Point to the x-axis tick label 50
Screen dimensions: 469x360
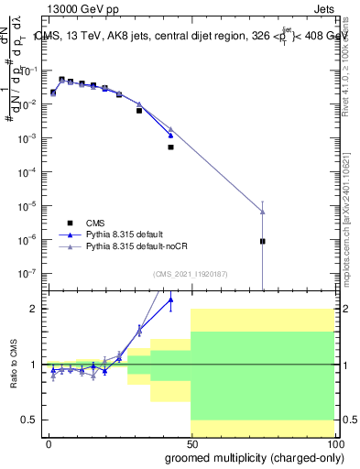pos(191,444)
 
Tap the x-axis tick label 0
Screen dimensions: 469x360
pos(49,444)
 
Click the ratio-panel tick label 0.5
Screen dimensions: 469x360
pos(31,420)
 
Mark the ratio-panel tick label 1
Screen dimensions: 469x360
pos(35,365)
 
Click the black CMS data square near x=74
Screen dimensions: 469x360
pos(263,242)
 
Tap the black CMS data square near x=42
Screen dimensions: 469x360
pos(170,147)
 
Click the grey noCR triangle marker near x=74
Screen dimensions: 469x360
pos(263,213)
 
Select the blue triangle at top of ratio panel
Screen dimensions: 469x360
pos(170,299)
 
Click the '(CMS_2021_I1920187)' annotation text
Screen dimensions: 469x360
pos(191,273)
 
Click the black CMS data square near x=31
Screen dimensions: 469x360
pos(139,110)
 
